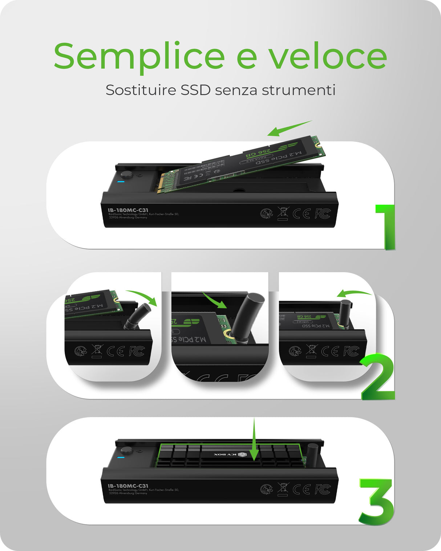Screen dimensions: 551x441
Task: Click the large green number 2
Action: [x=378, y=377]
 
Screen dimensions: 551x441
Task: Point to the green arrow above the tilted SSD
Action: [x=290, y=128]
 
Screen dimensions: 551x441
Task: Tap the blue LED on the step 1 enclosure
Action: [x=121, y=182]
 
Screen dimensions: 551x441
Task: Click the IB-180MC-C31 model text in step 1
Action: [x=128, y=210]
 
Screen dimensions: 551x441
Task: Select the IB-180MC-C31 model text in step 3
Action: [x=128, y=486]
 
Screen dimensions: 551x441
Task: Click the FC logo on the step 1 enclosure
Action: [x=323, y=214]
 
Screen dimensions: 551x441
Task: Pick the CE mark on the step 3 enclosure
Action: [x=302, y=490]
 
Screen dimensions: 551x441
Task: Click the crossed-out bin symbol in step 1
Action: [x=283, y=213]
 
